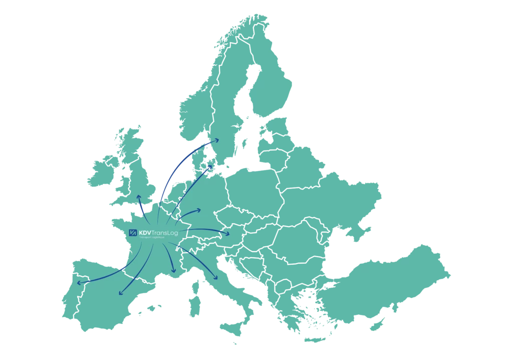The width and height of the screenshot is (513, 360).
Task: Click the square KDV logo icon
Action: pyautogui.click(x=133, y=232)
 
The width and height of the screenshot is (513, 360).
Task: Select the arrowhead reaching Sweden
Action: pyautogui.click(x=216, y=140)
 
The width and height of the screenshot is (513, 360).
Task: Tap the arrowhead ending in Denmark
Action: pyautogui.click(x=211, y=167)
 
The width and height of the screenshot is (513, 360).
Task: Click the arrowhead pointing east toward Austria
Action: pyautogui.click(x=228, y=234)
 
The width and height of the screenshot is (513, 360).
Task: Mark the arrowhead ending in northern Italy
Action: pyautogui.click(x=215, y=278)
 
